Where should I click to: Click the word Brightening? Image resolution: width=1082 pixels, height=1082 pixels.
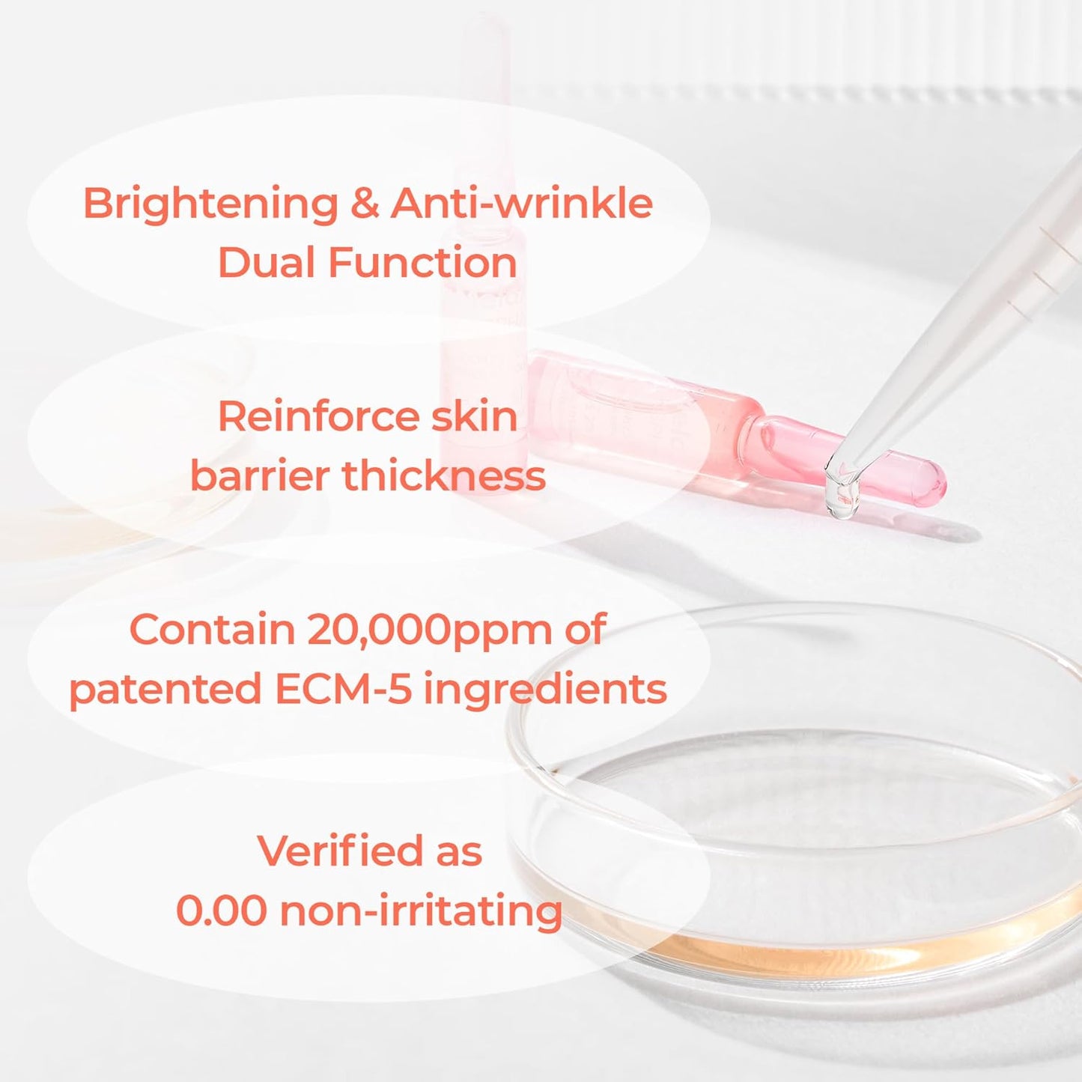pos(210,204)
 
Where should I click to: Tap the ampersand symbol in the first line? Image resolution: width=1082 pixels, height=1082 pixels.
pos(365,203)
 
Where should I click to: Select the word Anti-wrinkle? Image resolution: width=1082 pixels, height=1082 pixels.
pos(522,203)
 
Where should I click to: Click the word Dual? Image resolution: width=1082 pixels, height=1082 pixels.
pos(266,263)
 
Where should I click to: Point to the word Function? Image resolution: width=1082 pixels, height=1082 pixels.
pos(422,263)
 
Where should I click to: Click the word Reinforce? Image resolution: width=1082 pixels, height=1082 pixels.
pos(313,416)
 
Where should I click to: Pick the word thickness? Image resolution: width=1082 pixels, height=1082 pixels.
pos(444,476)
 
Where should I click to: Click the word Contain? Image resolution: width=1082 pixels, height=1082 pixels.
pos(212,630)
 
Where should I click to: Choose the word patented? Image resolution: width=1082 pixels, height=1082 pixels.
pos(165,690)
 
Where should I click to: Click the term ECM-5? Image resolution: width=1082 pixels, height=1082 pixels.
pos(344,689)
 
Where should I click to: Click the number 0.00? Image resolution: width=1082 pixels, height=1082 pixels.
pos(222,911)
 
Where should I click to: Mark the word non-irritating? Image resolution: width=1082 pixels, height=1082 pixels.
pos(421,911)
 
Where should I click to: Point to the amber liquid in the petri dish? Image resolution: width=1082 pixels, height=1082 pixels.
pos(786,951)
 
